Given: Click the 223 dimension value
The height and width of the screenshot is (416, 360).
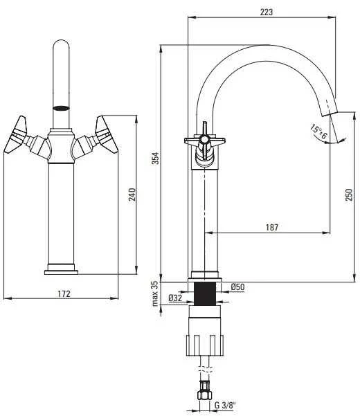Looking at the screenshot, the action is [x=266, y=12].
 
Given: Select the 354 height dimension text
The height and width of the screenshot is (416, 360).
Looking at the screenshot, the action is [x=156, y=158].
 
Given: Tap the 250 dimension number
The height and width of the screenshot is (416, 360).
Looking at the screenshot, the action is [x=349, y=195].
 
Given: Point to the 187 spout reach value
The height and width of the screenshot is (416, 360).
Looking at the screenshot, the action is [x=272, y=227].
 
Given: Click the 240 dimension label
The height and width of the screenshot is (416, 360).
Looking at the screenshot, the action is [x=132, y=195].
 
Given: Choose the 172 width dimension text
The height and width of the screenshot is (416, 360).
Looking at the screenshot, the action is [x=64, y=293].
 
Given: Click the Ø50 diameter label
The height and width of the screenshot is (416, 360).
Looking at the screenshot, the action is [x=237, y=287].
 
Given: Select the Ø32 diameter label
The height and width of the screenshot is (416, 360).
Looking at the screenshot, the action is [x=175, y=298].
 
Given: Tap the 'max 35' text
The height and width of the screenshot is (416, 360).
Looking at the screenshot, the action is [x=155, y=293].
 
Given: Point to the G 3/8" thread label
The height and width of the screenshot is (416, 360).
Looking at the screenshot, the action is [x=225, y=406].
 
